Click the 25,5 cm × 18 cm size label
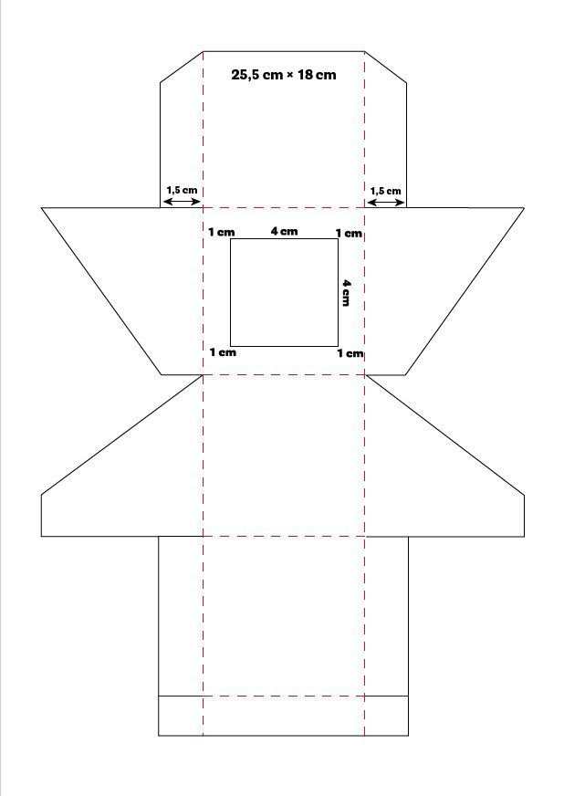283,75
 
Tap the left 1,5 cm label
182,191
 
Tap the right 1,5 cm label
385,191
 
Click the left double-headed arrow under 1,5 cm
182,202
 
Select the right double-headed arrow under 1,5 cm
386,203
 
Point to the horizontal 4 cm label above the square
284,232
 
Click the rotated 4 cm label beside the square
345,292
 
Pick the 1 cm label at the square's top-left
222,233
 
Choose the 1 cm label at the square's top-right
350,234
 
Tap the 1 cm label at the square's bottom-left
223,351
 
